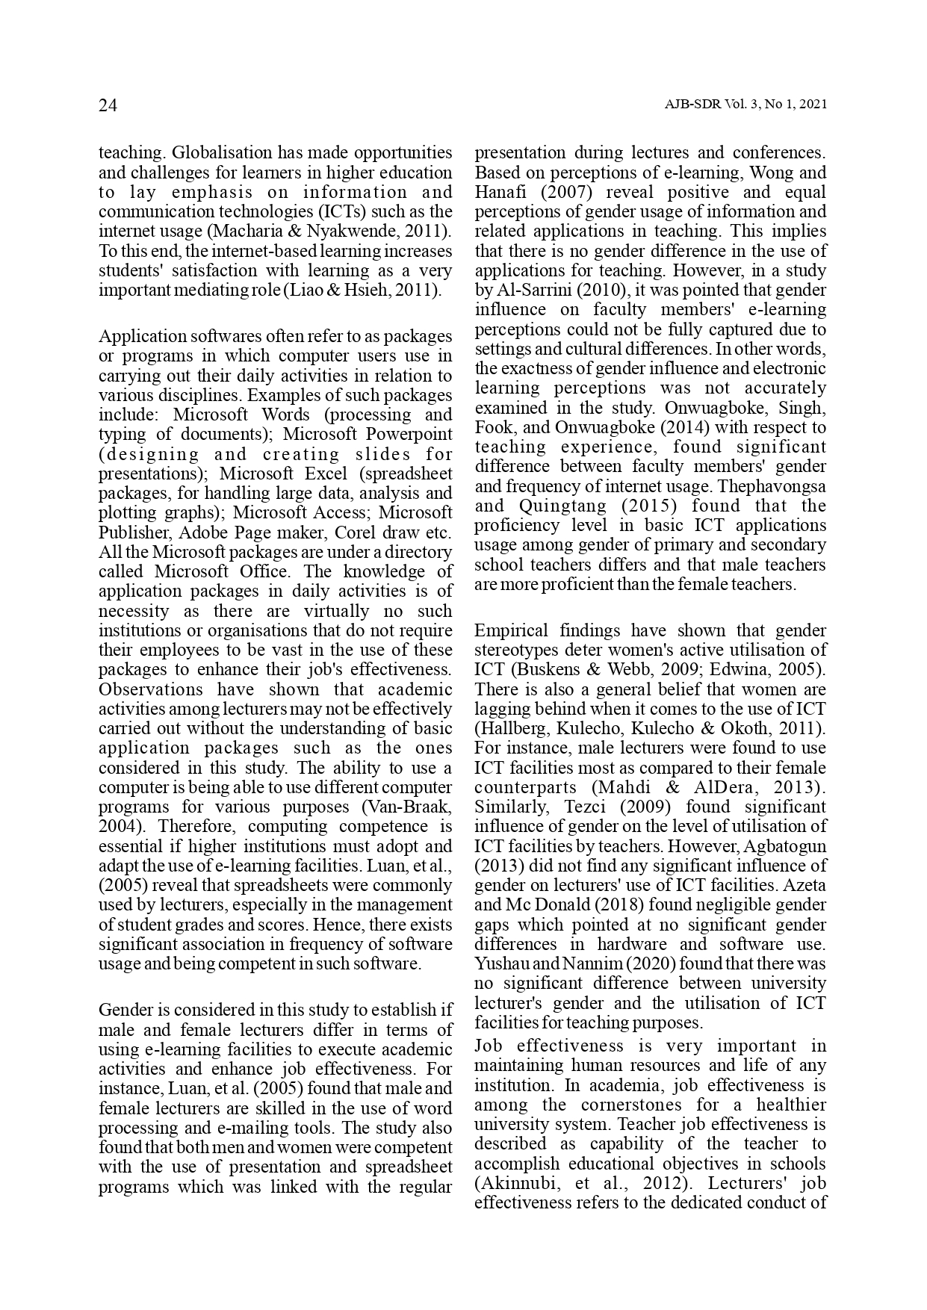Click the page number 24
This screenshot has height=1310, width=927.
(x=108, y=105)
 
